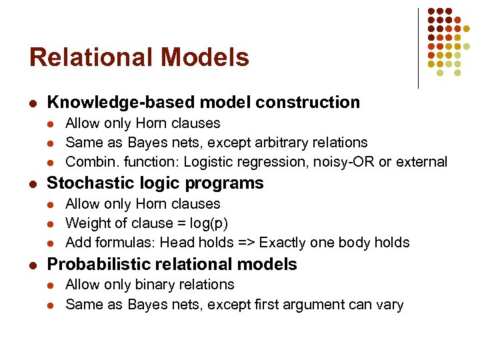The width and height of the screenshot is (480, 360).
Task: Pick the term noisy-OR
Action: [341, 162]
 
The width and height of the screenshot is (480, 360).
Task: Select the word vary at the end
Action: [389, 305]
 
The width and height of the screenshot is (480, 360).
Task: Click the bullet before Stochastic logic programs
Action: [33, 184]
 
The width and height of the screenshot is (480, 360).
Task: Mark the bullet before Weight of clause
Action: [52, 224]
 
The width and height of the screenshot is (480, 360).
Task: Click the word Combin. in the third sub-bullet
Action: [89, 162]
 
